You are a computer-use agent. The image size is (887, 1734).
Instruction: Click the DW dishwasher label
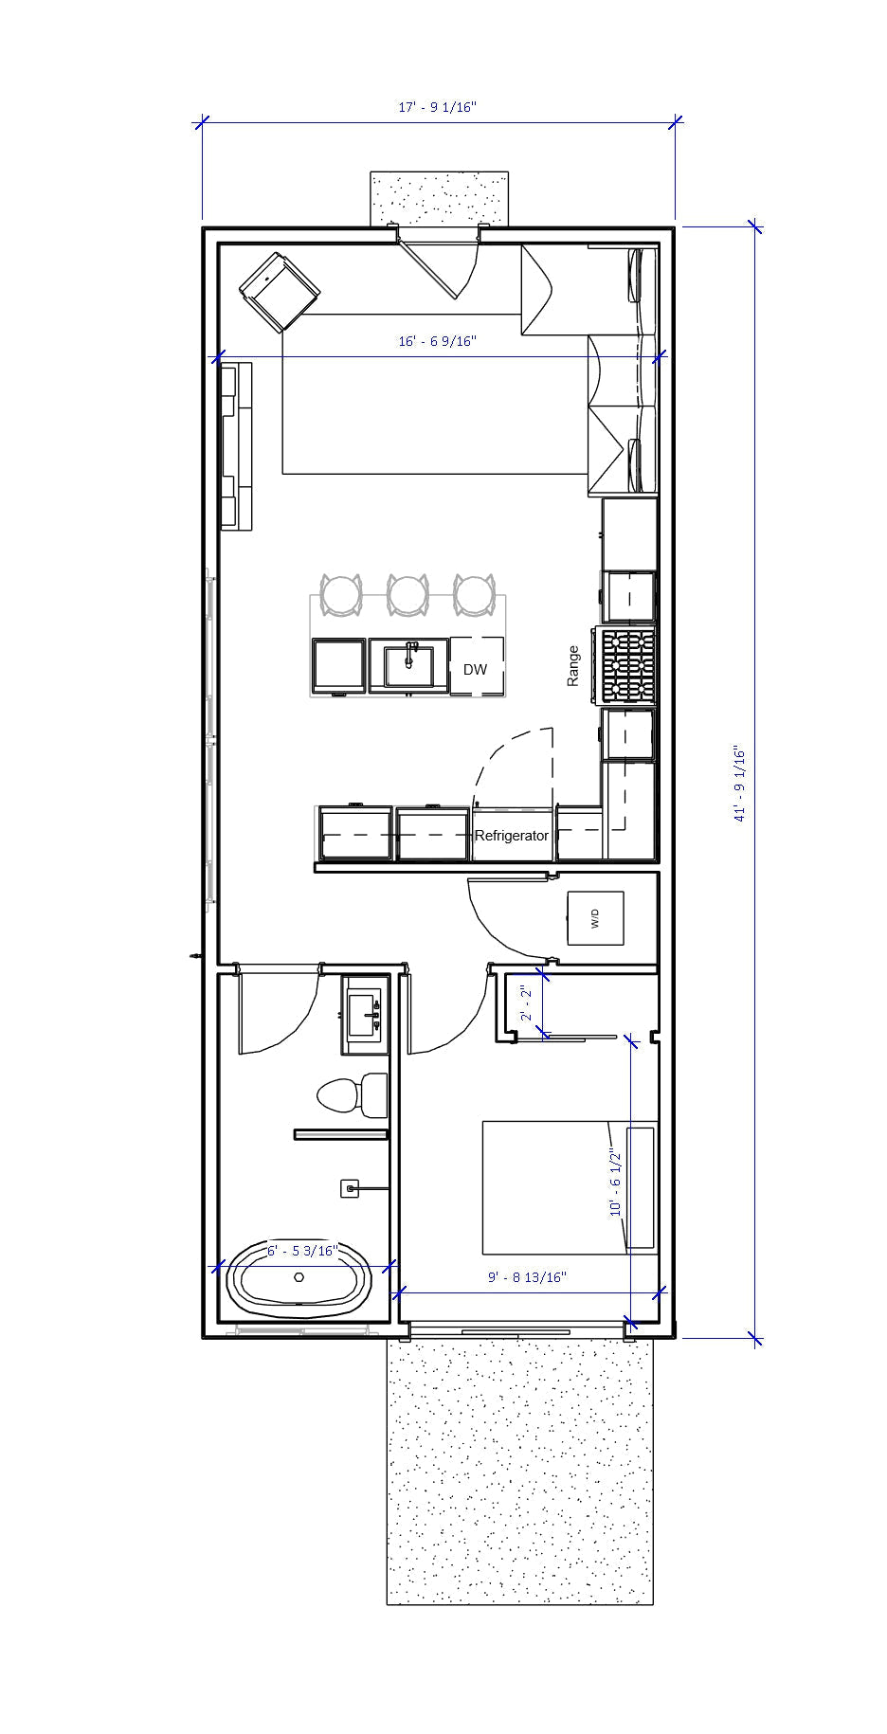pyautogui.click(x=475, y=670)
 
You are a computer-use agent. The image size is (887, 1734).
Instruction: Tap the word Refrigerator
pyautogui.click(x=512, y=836)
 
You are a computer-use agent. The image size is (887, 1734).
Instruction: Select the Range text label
pyautogui.click(x=572, y=666)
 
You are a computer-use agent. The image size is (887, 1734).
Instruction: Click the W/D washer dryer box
pyautogui.click(x=596, y=918)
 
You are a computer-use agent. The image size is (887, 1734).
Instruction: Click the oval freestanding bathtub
pyautogui.click(x=299, y=1277)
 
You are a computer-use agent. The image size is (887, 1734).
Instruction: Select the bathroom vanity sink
pyautogui.click(x=365, y=1014)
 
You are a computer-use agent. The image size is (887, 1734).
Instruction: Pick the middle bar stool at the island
pyautogui.click(x=407, y=595)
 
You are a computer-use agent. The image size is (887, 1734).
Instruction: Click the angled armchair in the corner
pyautogui.click(x=280, y=292)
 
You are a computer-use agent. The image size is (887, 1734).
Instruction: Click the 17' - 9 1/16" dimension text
pyautogui.click(x=437, y=107)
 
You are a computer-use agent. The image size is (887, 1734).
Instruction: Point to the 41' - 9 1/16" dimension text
pyautogui.click(x=741, y=785)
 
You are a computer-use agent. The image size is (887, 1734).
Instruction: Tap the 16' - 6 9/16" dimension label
pyautogui.click(x=436, y=341)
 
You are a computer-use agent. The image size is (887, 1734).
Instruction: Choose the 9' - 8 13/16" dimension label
pyautogui.click(x=527, y=1277)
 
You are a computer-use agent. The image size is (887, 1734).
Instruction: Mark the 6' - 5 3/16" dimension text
pyautogui.click(x=302, y=1251)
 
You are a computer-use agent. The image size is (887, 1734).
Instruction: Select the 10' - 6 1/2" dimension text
pyautogui.click(x=616, y=1183)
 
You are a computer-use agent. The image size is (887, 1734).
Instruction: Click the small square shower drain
pyautogui.click(x=351, y=1187)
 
